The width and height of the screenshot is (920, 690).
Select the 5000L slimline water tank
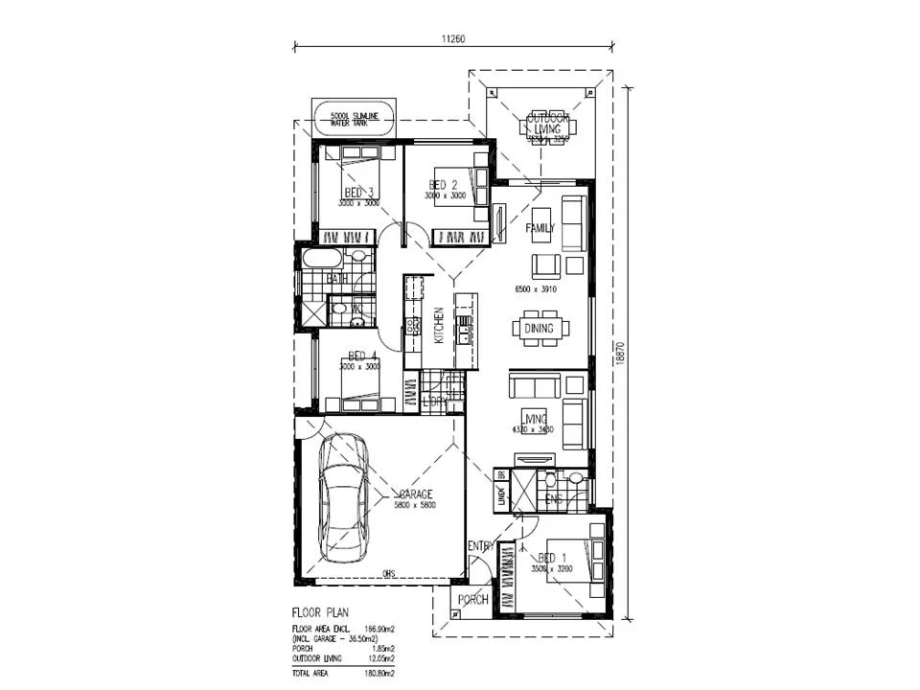coord(355,119)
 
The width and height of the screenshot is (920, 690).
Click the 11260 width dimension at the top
coord(453,39)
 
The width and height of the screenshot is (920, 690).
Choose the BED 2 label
coord(444,185)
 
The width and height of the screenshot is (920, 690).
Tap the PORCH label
coord(472,600)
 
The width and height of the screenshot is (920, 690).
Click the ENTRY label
coord(480,546)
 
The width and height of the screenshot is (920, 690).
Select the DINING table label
coord(539,329)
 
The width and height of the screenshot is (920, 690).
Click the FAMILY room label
coord(540,228)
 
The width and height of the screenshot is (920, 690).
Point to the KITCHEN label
coord(439,326)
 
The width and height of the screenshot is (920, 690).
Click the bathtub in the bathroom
coord(321,259)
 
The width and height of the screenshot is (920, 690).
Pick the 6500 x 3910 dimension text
coord(536,288)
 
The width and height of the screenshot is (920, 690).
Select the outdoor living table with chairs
coord(547,127)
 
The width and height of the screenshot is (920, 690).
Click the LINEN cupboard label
coord(501,496)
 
